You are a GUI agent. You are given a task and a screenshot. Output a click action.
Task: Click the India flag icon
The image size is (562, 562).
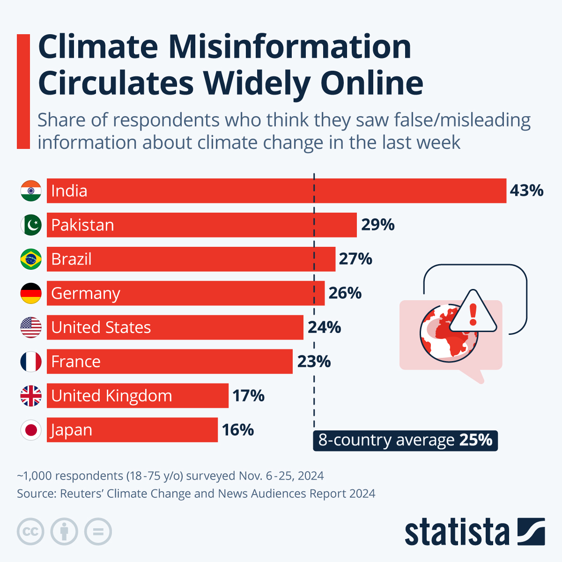(31, 191)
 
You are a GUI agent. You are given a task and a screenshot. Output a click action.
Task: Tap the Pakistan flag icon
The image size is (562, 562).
(31, 225)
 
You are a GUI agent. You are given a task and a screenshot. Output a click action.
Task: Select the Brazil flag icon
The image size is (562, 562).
(31, 259)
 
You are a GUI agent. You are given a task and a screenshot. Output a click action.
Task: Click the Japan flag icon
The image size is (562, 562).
(31, 430)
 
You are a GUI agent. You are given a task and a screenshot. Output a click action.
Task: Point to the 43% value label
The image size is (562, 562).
(526, 191)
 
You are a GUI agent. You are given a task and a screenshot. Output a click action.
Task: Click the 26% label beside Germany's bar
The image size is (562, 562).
(345, 293)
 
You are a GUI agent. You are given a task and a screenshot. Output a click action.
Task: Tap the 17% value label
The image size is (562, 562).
(248, 396)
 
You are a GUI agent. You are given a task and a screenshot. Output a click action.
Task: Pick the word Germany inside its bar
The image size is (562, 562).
(86, 294)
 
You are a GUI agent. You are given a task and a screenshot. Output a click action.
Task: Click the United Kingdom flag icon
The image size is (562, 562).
(31, 396)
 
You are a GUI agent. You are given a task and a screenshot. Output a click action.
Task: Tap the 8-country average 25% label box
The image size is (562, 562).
(405, 440)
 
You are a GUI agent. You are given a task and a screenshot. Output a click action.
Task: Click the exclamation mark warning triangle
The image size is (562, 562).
(473, 313)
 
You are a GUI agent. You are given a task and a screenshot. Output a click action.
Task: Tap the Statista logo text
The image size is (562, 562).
(457, 532)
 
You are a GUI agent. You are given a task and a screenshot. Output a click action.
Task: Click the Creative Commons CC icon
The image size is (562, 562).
(30, 532)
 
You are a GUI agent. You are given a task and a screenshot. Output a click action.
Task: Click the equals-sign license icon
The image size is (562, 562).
(98, 532)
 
